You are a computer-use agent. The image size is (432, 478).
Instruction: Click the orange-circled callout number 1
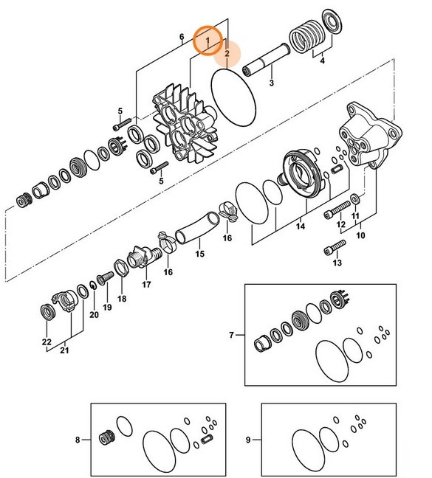pyautogui.click(x=208, y=39)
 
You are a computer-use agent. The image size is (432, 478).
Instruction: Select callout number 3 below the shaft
pyautogui.click(x=271, y=83)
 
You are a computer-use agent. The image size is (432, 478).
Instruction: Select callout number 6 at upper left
pyautogui.click(x=182, y=36)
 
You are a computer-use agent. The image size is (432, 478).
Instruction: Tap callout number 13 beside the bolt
pyautogui.click(x=337, y=263)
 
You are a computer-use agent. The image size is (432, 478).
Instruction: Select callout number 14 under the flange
pyautogui.click(x=301, y=227)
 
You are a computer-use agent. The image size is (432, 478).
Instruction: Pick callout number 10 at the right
pyautogui.click(x=361, y=236)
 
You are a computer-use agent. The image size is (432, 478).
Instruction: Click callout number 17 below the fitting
pyautogui.click(x=146, y=284)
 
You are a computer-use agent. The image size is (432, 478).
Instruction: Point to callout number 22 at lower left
pyautogui.click(x=46, y=341)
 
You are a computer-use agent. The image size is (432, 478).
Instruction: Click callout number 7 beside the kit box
pyautogui.click(x=231, y=336)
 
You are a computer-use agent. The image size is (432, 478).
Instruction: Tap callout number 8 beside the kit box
pyautogui.click(x=78, y=440)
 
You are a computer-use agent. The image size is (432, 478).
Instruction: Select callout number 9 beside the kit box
pyautogui.click(x=248, y=440)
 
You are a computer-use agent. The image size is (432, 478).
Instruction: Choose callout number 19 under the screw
pyautogui.click(x=107, y=307)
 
